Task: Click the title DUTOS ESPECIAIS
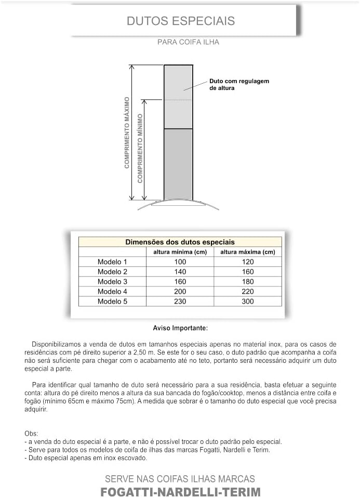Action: tap(181, 21)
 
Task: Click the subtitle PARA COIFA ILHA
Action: tap(188, 42)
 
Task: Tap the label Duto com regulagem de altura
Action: tap(239, 85)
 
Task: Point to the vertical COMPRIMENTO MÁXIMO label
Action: tap(127, 133)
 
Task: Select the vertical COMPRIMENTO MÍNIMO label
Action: tap(140, 148)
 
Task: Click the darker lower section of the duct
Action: tap(178, 164)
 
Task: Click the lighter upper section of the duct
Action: tap(178, 96)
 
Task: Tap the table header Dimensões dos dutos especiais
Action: tap(180, 242)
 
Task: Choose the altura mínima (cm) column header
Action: tap(180, 252)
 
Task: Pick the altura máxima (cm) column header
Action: tap(248, 252)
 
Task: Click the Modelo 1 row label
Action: tap(112, 262)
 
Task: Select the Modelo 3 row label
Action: tap(112, 282)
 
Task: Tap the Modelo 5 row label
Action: tap(112, 302)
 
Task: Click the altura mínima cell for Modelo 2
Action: tap(180, 272)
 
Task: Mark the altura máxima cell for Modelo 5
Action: tap(248, 302)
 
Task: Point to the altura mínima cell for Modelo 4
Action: tap(180, 292)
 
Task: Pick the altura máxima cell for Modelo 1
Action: tap(248, 262)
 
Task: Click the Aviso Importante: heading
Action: tap(180, 329)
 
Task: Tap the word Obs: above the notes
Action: tap(31, 434)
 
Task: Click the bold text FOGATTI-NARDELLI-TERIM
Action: tap(180, 492)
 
